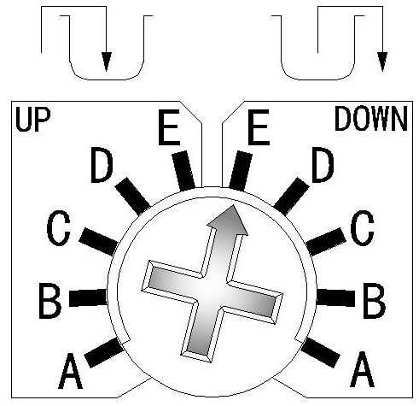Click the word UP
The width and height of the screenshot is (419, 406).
point(33,120)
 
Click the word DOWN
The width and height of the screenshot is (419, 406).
point(371,119)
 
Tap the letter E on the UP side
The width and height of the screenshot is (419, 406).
point(169,127)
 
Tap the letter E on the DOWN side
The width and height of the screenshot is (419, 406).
point(259,127)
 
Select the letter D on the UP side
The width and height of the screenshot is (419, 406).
point(102,165)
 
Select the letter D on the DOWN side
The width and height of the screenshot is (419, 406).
point(323,165)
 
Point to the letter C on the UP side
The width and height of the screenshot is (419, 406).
point(58,228)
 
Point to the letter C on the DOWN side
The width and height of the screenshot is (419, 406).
point(362,228)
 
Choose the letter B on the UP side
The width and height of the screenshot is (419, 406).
point(49,301)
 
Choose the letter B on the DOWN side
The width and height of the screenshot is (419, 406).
point(375,301)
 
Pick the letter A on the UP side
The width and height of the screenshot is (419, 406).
point(70,371)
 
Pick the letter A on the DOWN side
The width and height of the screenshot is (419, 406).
point(362,369)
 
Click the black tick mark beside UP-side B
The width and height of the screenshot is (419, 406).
point(88,297)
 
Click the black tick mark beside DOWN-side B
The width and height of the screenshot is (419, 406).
point(335,297)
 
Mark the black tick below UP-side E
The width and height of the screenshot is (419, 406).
point(183,171)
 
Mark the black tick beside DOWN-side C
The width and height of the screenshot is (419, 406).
point(326,242)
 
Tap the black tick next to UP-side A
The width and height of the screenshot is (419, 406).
point(104,353)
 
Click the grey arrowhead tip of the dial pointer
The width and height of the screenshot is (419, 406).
point(233,205)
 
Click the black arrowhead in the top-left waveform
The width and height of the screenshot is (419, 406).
point(107,62)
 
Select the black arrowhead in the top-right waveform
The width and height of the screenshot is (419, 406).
point(382,62)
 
